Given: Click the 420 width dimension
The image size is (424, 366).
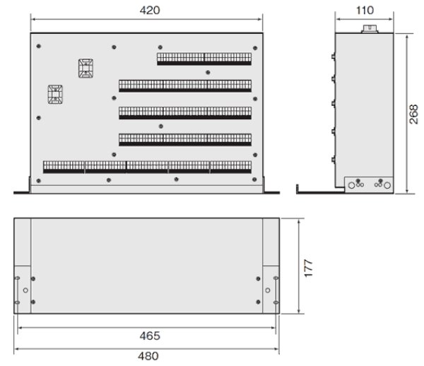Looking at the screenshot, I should tap(149, 10).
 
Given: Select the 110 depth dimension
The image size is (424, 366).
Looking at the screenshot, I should tap(365, 10).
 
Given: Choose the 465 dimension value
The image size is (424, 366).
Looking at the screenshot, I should tap(149, 335).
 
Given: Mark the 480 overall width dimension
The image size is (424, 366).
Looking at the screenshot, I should tap(149, 356).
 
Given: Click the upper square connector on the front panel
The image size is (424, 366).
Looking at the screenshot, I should tap(85, 67).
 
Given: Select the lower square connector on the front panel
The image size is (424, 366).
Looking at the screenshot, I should tap(54, 95).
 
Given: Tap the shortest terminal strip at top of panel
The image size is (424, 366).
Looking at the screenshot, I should tap(204, 57).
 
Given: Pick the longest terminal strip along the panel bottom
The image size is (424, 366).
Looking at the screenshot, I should tap(147, 167).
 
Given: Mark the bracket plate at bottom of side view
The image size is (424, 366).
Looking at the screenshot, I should tap(367, 184).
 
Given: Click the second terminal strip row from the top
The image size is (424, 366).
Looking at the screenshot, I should tap(185, 85).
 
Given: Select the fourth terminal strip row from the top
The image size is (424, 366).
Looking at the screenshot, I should tap(185, 139).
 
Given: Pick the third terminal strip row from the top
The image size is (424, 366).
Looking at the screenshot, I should tap(185, 112).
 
